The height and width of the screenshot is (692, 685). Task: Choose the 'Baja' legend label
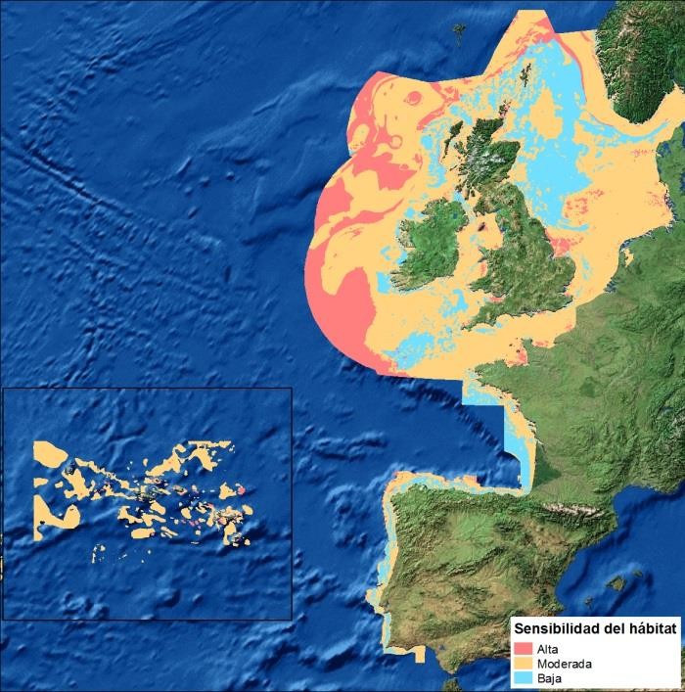click(x=549, y=677)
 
